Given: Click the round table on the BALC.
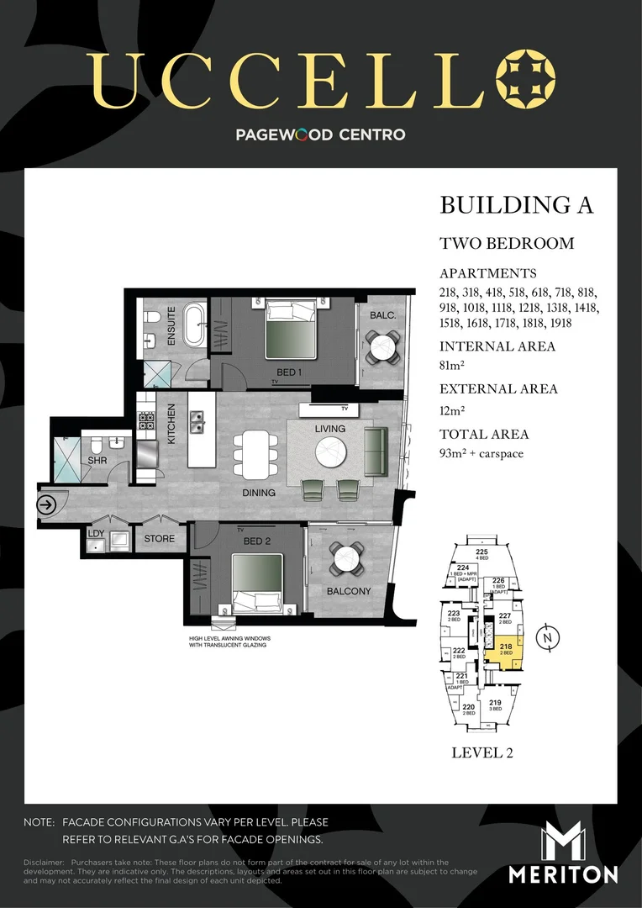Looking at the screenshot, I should click(x=383, y=345).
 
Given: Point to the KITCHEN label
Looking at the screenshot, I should click(x=171, y=424).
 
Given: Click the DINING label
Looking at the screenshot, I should click(x=258, y=493).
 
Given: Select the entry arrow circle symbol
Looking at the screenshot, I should click(x=45, y=505).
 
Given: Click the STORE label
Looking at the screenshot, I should click(x=159, y=539).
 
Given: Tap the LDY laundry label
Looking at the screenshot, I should click(x=96, y=532).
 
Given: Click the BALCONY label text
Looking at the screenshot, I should click(x=348, y=591).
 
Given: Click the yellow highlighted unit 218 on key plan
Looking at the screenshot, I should click(x=505, y=650).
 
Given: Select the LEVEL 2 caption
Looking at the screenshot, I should click(x=482, y=752).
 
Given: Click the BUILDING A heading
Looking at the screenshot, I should click(x=516, y=205).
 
